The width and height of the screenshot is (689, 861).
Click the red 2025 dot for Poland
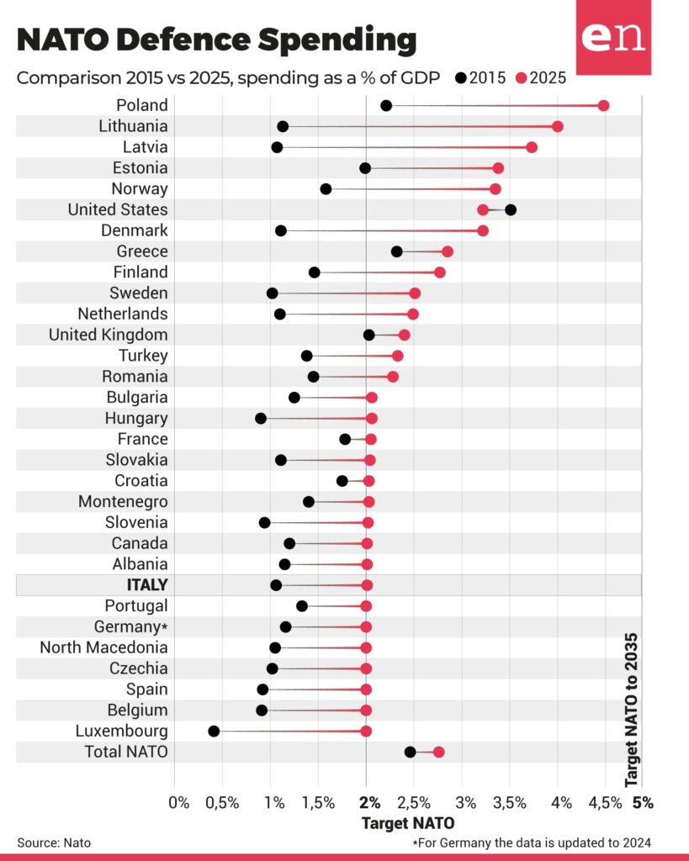[x=603, y=105]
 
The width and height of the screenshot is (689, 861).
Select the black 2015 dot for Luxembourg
[x=214, y=731]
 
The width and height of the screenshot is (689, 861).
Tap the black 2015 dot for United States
[x=511, y=209]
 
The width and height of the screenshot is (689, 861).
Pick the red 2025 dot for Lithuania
[x=557, y=126]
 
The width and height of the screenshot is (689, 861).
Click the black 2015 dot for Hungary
[x=261, y=418]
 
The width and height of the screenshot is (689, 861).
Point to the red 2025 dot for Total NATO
[x=438, y=752]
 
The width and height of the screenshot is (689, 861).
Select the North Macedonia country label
[x=103, y=647]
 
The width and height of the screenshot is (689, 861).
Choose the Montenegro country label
[x=123, y=501]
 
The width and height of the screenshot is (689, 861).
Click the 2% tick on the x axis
[x=367, y=802]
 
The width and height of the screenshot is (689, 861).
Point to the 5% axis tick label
[x=643, y=802]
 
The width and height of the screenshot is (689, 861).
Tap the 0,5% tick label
[x=223, y=802]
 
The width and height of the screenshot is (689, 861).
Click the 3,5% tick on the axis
[x=511, y=802]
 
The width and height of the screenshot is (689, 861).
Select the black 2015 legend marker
[x=460, y=78]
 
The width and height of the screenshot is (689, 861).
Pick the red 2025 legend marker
[x=521, y=78]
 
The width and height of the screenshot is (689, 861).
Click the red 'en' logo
[x=613, y=38]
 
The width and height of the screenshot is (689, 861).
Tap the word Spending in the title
[x=321, y=40]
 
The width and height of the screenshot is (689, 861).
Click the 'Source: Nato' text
[x=54, y=842]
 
